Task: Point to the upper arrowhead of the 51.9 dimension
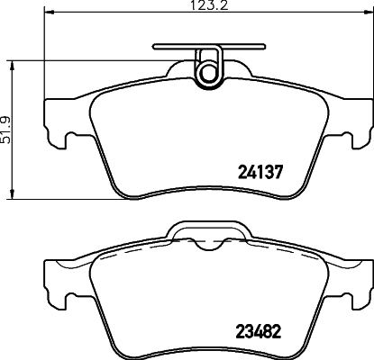[11, 61]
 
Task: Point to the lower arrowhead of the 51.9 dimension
[11, 196]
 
